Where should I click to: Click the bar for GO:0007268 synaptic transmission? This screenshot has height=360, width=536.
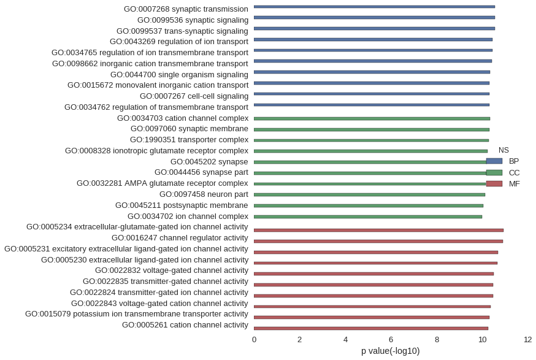pyautogui.click(x=374, y=7)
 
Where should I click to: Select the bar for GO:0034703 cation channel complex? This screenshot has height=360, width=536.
pyautogui.click(x=372, y=118)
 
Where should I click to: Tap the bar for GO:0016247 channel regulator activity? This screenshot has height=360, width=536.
pyautogui.click(x=378, y=242)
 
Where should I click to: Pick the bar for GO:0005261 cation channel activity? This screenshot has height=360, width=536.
pyautogui.click(x=371, y=329)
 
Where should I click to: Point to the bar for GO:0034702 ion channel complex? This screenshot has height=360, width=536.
pyautogui.click(x=368, y=216)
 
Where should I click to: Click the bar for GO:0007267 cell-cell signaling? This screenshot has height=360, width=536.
pyautogui.click(x=372, y=94)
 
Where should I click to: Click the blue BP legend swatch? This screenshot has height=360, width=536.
pyautogui.click(x=494, y=161)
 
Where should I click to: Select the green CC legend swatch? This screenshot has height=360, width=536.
pyautogui.click(x=494, y=173)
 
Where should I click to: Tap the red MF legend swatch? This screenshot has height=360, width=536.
pyautogui.click(x=494, y=184)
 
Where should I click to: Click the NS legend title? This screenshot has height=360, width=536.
pyautogui.click(x=503, y=150)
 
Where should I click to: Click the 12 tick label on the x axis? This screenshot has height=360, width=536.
pyautogui.click(x=527, y=340)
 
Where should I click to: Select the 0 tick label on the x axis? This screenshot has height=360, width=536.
pyautogui.click(x=254, y=340)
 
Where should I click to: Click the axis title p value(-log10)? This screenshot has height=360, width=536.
pyautogui.click(x=391, y=351)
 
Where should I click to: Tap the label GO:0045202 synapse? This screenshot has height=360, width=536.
pyautogui.click(x=209, y=162)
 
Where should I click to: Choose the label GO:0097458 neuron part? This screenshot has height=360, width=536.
pyautogui.click(x=204, y=194)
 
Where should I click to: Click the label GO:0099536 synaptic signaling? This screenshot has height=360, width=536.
pyautogui.click(x=193, y=20)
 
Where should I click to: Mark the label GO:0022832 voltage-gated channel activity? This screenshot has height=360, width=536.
pyautogui.click(x=172, y=270)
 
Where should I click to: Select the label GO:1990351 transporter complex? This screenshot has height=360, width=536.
pyautogui.click(x=189, y=140)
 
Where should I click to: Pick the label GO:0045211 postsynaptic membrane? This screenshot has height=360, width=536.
pyautogui.click(x=182, y=205)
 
